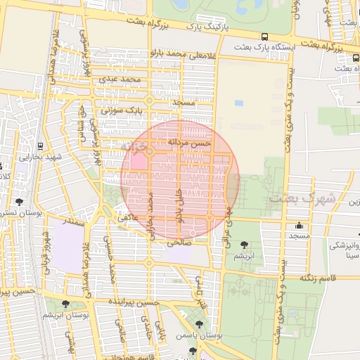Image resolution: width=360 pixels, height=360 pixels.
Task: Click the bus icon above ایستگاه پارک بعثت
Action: pyautogui.click(x=264, y=37)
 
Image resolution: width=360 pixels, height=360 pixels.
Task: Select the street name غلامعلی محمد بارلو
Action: pyautogui.click(x=181, y=53)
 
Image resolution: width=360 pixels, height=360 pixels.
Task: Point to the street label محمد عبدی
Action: pyautogui.click(x=120, y=79)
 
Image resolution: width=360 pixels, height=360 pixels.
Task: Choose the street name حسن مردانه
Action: pyautogui.click(x=188, y=142)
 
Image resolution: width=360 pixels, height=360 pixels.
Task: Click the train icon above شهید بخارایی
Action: pyautogui.click(x=40, y=146)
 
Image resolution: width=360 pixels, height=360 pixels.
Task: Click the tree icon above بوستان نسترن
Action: pyautogui.click(x=18, y=202)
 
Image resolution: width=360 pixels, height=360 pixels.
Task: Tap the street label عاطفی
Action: pyautogui.click(x=126, y=218)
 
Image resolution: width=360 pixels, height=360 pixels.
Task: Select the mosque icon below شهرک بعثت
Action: pyautogui.click(x=300, y=226)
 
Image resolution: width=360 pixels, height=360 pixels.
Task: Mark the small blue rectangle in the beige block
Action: pyautogui.click(x=239, y=103)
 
